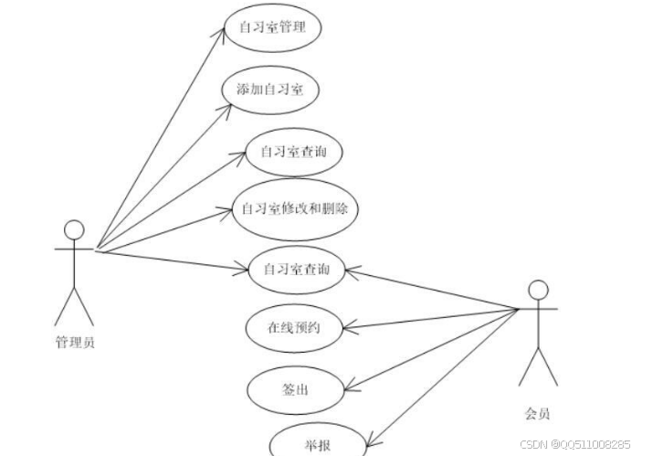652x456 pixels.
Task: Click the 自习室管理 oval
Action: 271,27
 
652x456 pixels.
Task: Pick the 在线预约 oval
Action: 295,326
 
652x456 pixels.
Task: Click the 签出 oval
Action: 293,390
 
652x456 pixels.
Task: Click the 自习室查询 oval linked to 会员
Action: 296,269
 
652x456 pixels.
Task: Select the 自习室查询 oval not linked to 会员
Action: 294,152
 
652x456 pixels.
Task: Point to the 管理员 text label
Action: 75,344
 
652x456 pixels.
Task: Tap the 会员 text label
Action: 538,412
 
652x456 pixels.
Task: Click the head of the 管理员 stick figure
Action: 74,229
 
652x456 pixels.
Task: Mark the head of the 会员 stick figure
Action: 538,291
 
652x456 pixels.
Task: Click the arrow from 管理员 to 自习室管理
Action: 160,137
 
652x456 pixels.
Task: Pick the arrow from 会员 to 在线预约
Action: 429,318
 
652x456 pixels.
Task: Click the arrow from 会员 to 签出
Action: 429,351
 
